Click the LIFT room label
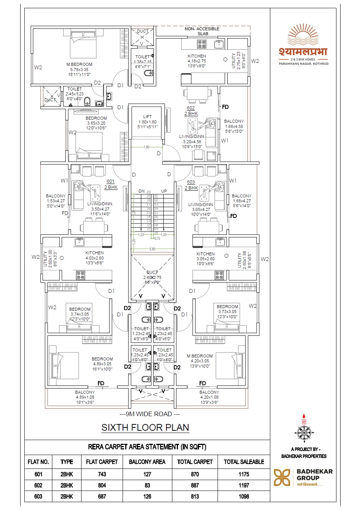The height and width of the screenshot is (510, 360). click(147, 117)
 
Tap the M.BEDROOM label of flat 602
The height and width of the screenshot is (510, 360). click(79, 64)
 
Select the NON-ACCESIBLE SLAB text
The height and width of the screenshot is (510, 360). click(202, 31)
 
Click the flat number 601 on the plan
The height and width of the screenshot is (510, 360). click(111, 181)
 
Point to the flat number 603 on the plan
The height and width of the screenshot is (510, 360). click(191, 182)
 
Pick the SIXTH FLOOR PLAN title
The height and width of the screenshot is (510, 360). click(145, 427)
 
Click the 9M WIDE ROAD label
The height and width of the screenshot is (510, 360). click(150, 414)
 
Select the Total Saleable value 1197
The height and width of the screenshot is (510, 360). click(244, 485)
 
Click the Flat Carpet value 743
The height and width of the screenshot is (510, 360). click(102, 474)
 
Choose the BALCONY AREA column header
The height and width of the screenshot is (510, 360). click(147, 462)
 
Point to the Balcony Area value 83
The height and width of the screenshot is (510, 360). click(147, 485)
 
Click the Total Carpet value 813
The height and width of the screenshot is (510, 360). click(195, 497)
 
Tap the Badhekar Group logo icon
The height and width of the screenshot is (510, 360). click(282, 477)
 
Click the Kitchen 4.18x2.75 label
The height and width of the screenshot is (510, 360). click(197, 56)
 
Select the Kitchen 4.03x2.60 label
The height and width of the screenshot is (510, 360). click(95, 253)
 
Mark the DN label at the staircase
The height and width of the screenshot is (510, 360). click(141, 191)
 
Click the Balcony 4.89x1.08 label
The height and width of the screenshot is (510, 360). click(85, 393)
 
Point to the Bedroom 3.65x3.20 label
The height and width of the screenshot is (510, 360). click(96, 118)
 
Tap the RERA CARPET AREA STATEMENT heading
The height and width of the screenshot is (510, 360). click(147, 447)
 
